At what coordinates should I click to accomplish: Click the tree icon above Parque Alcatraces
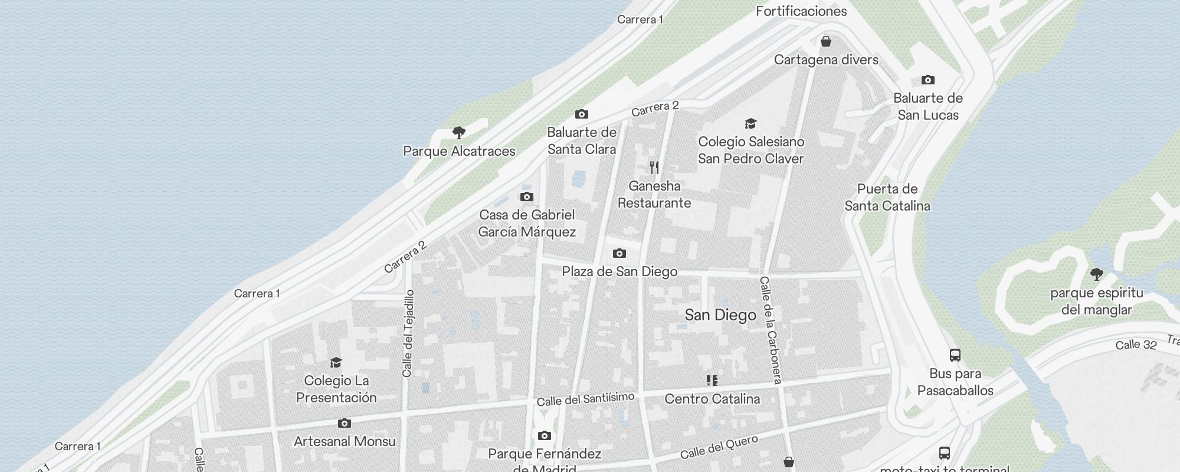coord(458,132)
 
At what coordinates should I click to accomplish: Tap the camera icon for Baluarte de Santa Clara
coord(581,114)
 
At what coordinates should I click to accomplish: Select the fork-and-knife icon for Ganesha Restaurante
coord(654,168)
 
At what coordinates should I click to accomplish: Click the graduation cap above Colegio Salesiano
coord(750,123)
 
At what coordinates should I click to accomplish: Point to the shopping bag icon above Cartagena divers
coord(826,41)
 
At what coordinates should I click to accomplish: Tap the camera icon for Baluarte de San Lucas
coord(927,80)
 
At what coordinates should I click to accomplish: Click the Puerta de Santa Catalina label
coord(887,197)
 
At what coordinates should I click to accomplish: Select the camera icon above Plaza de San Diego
coord(619,253)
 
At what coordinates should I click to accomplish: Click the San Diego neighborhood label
coord(720,315)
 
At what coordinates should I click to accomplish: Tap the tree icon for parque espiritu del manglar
coord(1097,274)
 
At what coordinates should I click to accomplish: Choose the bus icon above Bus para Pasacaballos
coord(955,355)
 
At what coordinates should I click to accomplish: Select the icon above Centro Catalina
coord(712,381)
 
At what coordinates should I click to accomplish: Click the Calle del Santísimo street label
coord(585,399)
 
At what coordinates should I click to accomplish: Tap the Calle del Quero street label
coord(719,447)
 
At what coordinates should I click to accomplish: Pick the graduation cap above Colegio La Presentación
coord(336,362)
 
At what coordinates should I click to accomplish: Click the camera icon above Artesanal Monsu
coord(345,424)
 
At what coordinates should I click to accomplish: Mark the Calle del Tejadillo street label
coord(408,333)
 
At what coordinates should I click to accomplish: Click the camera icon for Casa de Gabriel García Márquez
coord(526,196)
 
